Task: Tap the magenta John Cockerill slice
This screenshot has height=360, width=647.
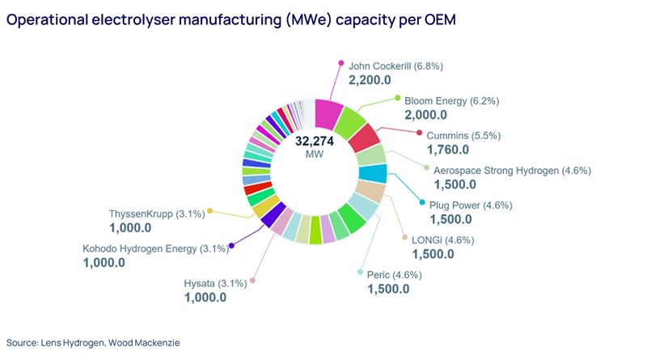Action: click(x=328, y=112)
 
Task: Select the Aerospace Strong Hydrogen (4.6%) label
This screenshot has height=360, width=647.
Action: click(x=513, y=170)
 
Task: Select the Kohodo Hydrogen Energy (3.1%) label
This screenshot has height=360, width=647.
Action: click(x=155, y=248)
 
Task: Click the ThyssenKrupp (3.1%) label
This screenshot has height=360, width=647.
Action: click(x=155, y=214)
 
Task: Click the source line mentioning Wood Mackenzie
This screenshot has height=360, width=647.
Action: click(x=93, y=342)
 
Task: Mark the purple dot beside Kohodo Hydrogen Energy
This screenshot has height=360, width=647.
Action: click(x=232, y=246)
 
